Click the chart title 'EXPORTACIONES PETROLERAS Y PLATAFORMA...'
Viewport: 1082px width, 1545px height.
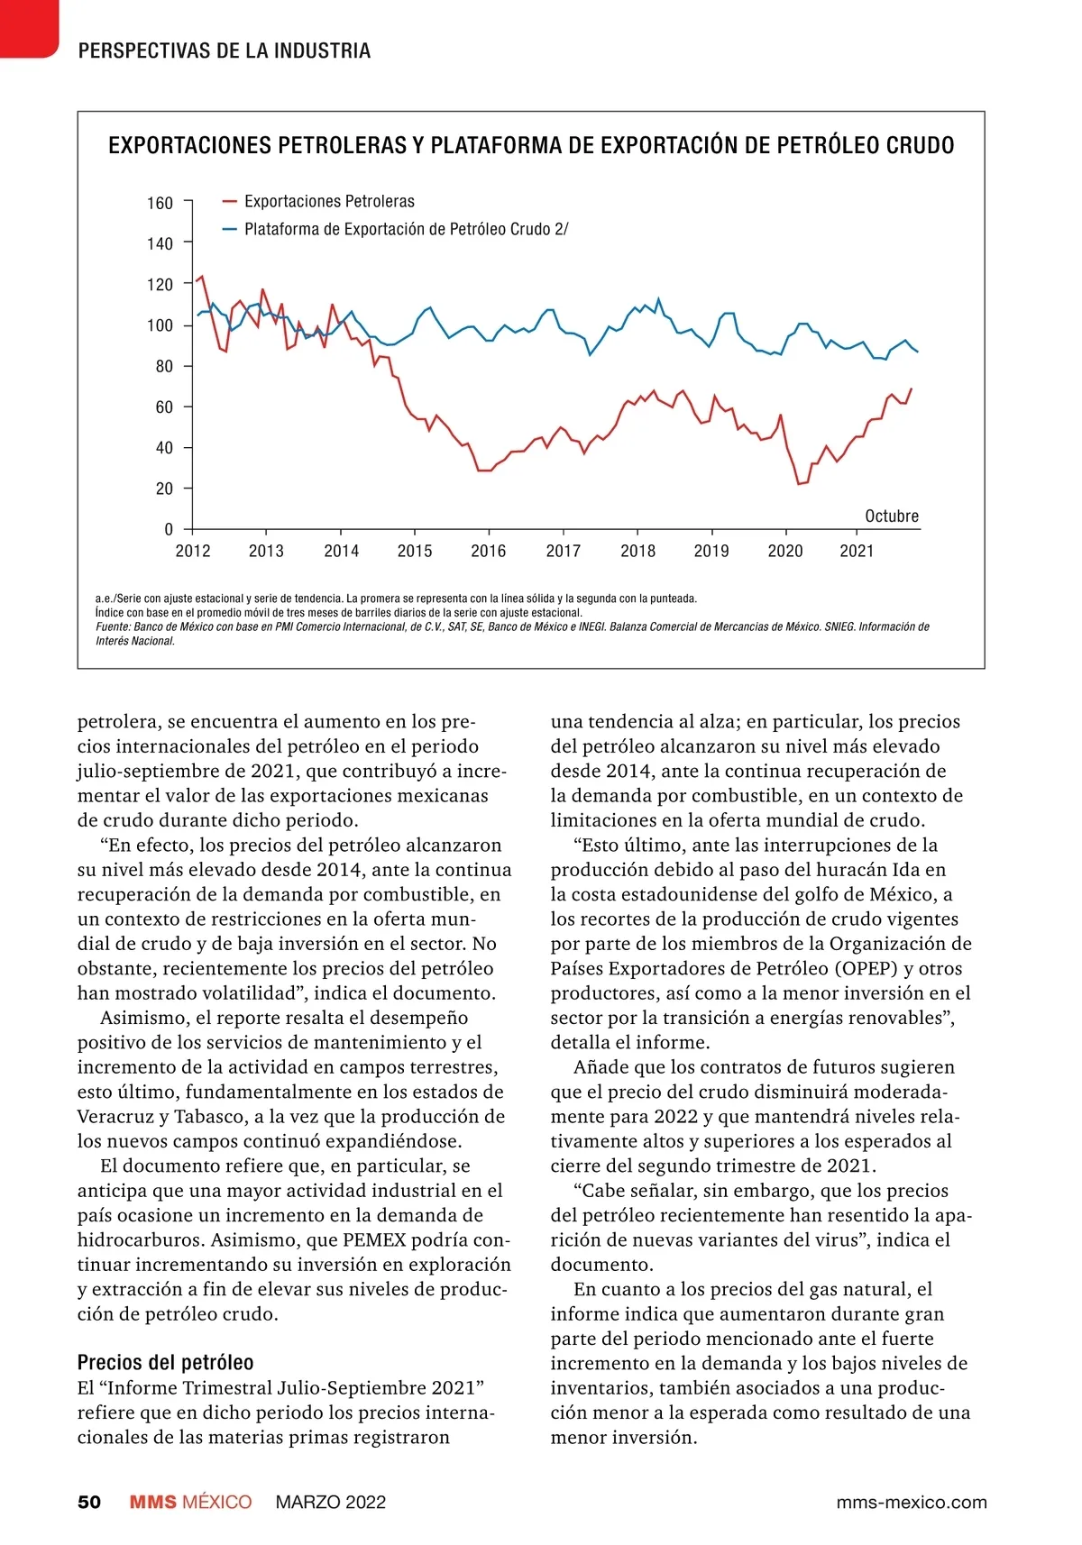(x=531, y=145)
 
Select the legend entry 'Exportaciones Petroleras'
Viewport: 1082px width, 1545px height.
(x=329, y=201)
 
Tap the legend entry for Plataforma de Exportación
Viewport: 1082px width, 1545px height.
(x=406, y=229)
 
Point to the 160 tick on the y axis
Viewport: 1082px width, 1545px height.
(x=160, y=203)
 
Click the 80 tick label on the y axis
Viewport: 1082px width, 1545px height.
(x=163, y=366)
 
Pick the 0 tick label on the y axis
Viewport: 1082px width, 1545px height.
(x=169, y=529)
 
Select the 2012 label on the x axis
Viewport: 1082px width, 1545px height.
(x=192, y=551)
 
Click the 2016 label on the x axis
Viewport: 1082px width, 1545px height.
(x=488, y=551)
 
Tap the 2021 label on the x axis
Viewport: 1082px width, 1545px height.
(x=857, y=551)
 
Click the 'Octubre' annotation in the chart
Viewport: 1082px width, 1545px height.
(x=892, y=516)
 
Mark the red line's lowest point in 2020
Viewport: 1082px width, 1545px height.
(x=799, y=484)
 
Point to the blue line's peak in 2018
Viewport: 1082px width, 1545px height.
(x=658, y=298)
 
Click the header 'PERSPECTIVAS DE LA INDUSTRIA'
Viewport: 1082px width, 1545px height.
(x=225, y=50)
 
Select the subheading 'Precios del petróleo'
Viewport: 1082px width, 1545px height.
(x=165, y=1362)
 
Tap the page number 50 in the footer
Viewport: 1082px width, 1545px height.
(x=89, y=1502)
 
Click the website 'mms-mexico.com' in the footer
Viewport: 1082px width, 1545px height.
(x=912, y=1502)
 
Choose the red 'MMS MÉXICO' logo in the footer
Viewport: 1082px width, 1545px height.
(x=190, y=1502)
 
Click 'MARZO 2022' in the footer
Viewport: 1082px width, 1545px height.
(x=331, y=1502)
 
